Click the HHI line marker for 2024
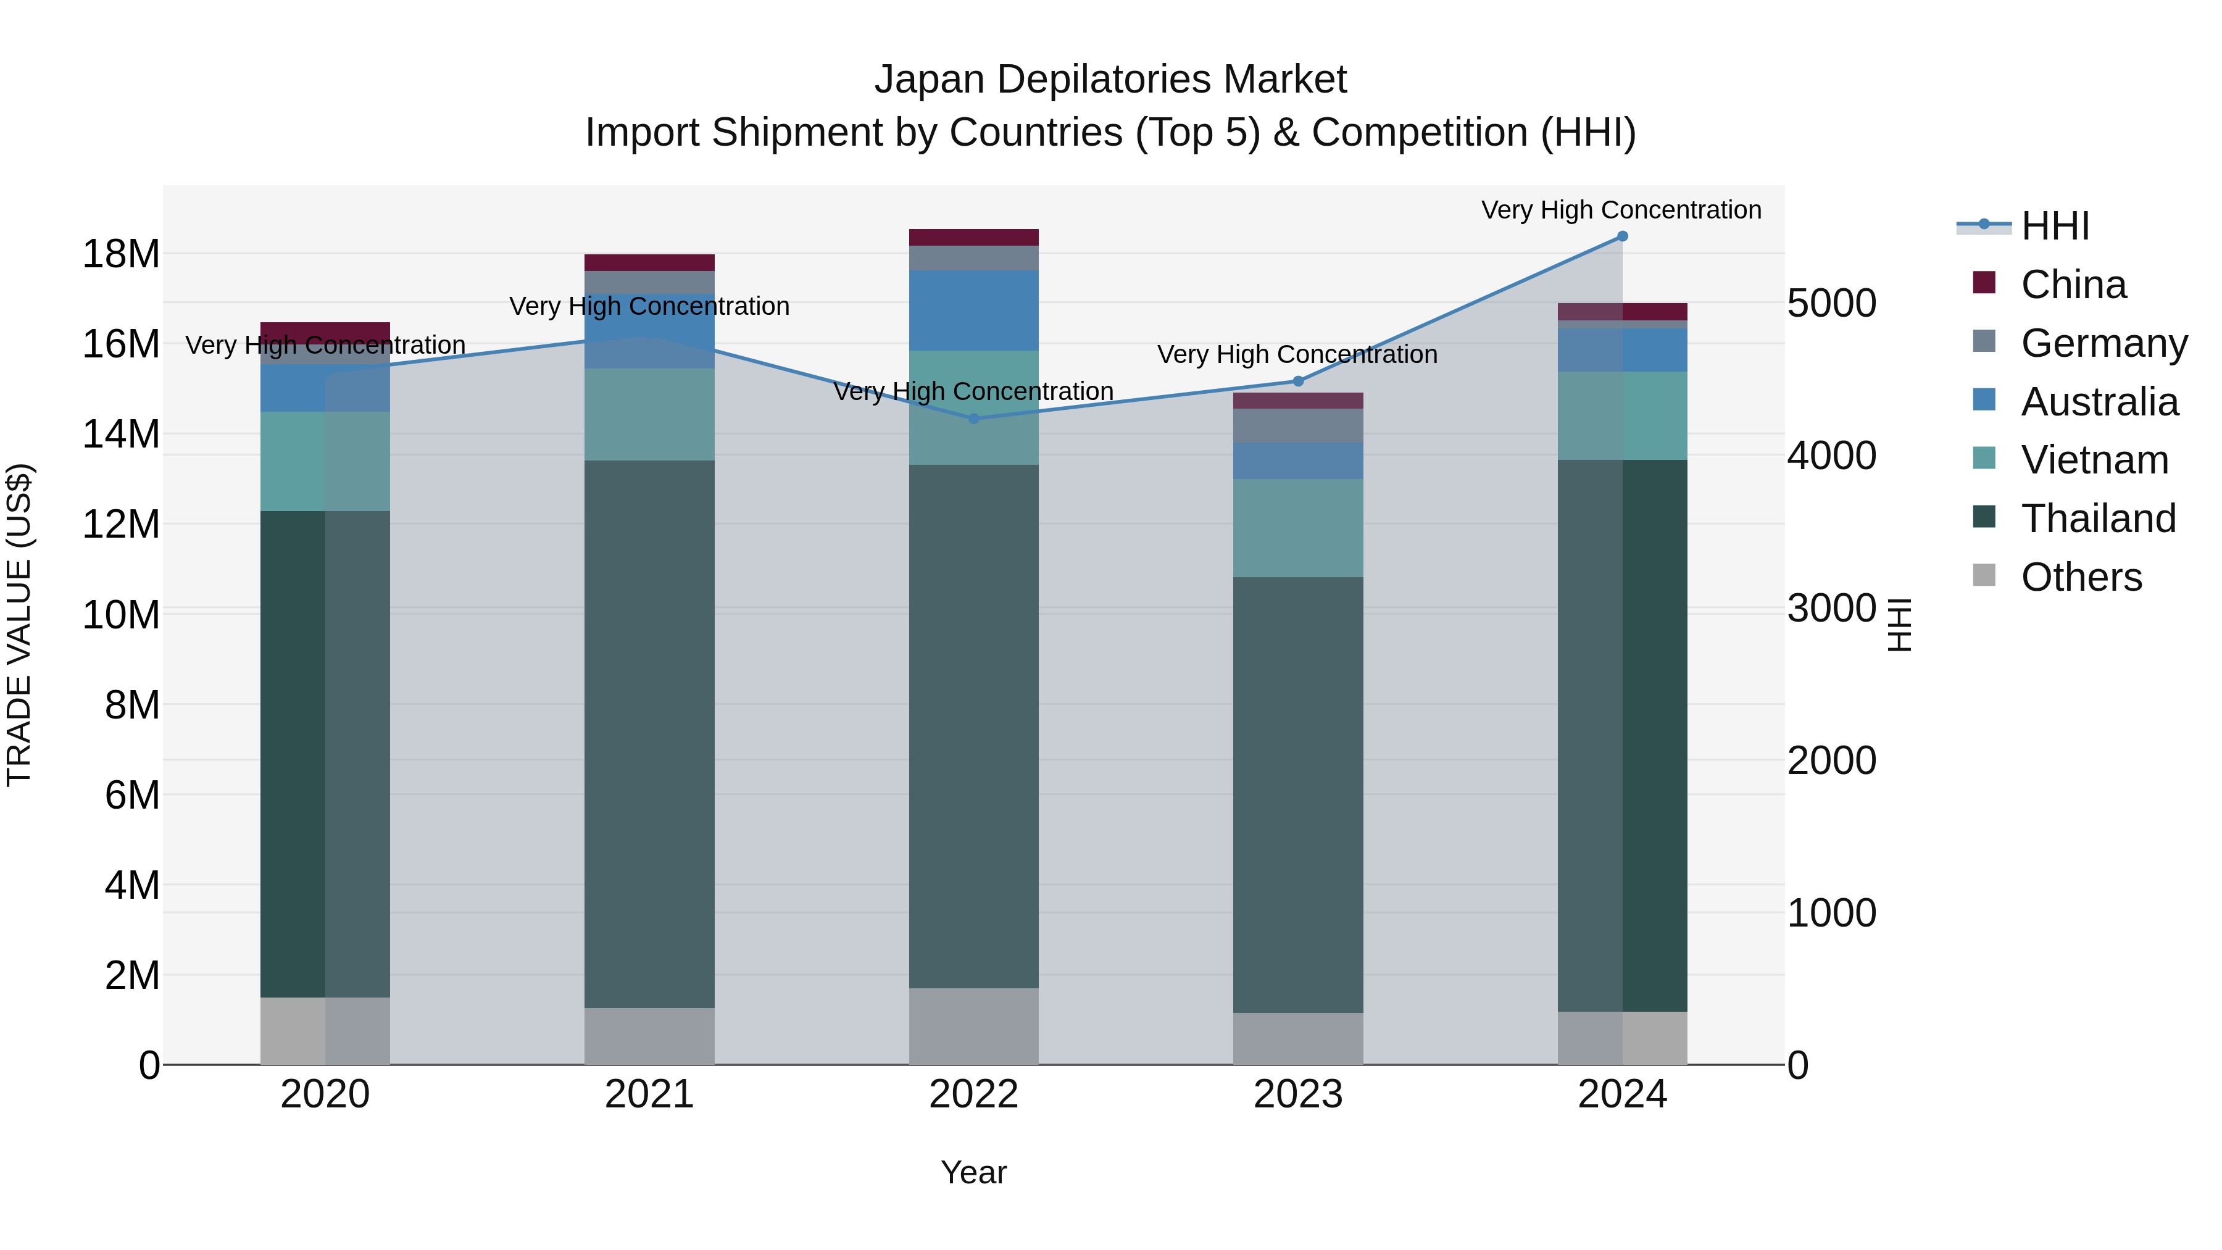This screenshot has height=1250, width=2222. tap(1621, 236)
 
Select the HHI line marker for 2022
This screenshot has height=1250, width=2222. tap(974, 419)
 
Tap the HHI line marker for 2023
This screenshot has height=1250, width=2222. tap(1298, 381)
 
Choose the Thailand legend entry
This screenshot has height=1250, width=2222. tap(2098, 519)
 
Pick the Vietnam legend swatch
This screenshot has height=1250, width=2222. tap(1984, 458)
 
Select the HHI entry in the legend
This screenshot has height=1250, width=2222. tap(2055, 226)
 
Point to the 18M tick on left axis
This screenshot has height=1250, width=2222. tap(121, 254)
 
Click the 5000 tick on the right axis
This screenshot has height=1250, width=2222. tap(1831, 304)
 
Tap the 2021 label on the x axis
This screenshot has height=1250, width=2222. tap(649, 1094)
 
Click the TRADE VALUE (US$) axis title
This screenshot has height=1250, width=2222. tap(19, 625)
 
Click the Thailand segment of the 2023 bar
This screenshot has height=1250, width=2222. tap(1298, 794)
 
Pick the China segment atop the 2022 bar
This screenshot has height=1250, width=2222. tap(974, 237)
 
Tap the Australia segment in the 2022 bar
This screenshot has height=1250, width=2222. tap(974, 310)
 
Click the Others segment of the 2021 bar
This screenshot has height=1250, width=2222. tap(649, 1035)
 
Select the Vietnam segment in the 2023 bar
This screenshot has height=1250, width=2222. tap(1298, 528)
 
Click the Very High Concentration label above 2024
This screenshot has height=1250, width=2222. tap(1621, 210)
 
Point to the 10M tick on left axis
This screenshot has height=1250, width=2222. tap(121, 615)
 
